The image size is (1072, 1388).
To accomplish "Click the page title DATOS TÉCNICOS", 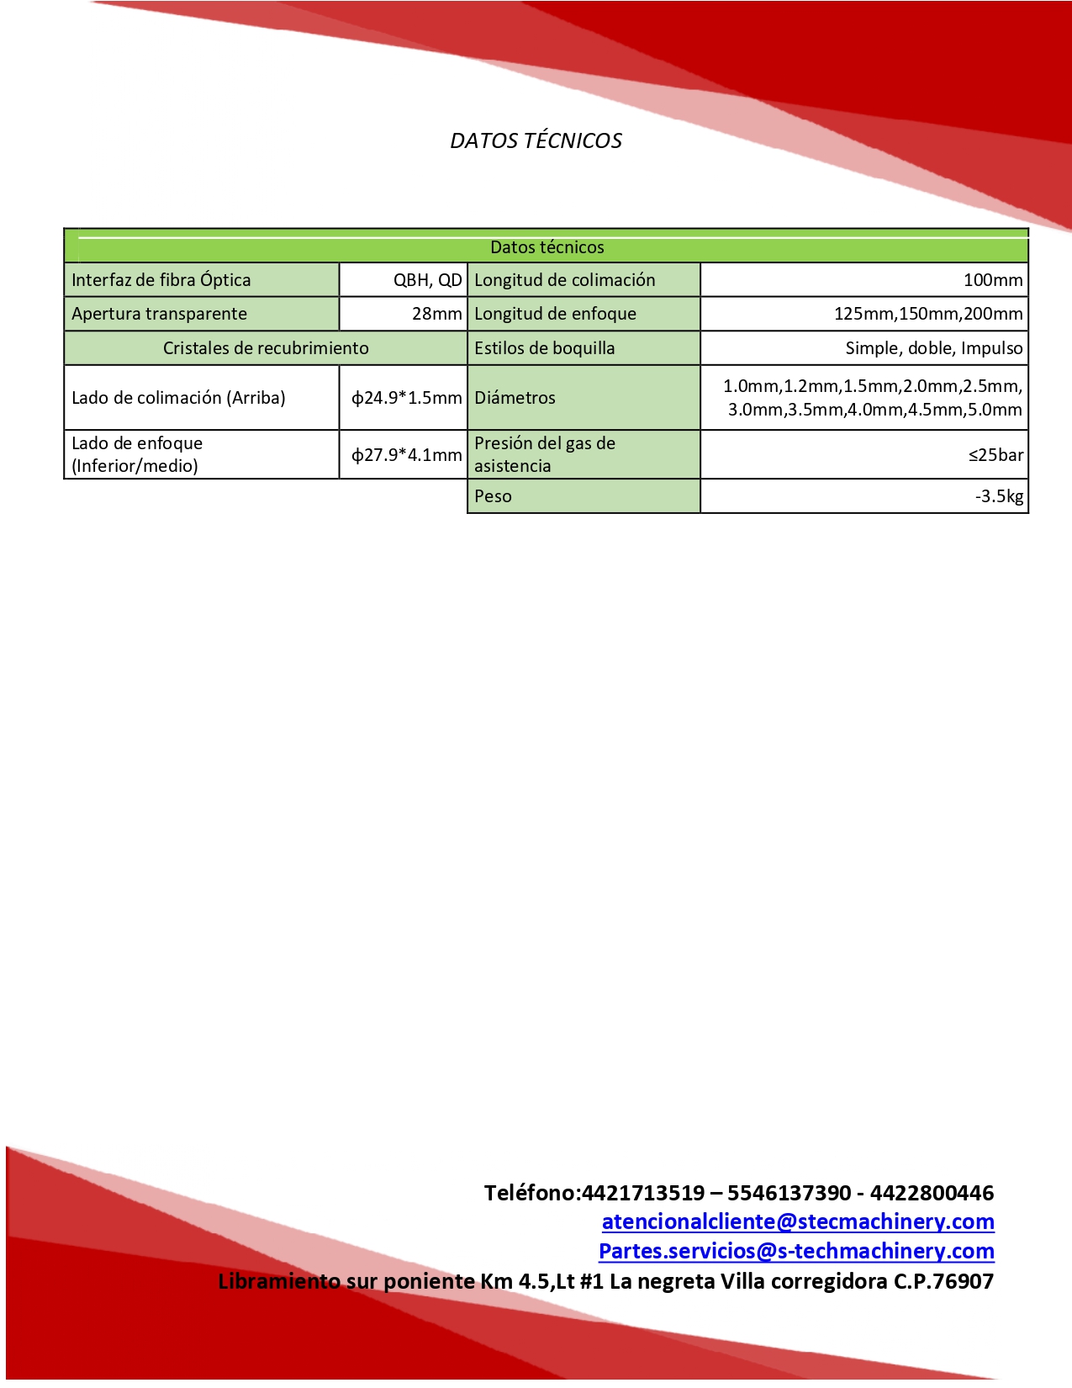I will click(x=536, y=140).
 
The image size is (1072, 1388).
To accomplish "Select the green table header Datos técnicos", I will click(x=547, y=247).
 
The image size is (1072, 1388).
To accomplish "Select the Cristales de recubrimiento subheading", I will click(x=266, y=348).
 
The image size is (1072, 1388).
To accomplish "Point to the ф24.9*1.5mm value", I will click(x=407, y=398).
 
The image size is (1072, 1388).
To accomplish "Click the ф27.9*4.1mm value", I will click(x=407, y=455).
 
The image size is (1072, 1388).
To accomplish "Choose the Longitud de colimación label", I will click(x=564, y=280).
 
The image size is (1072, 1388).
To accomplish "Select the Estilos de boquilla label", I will click(x=544, y=348).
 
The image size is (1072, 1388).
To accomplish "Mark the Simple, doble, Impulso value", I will click(x=934, y=348).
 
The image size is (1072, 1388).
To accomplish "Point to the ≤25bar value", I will click(x=995, y=455).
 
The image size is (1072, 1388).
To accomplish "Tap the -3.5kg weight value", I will click(x=999, y=496).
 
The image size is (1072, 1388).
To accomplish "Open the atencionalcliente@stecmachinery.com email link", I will click(x=798, y=1221).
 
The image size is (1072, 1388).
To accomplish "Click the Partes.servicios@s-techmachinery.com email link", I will click(x=796, y=1251).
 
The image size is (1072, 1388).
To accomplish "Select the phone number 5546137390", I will click(x=789, y=1193).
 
